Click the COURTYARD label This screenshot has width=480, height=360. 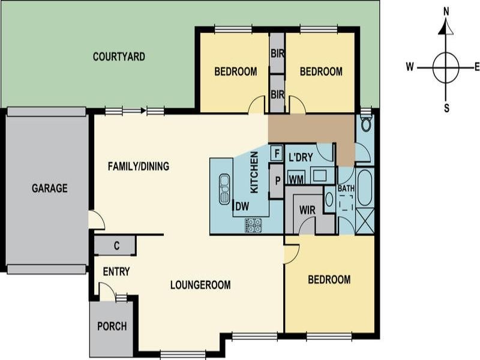click(x=119, y=57)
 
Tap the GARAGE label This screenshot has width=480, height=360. click(x=49, y=188)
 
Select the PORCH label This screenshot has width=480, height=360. click(x=112, y=326)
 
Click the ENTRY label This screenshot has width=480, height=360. click(x=116, y=272)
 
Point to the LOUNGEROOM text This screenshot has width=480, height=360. click(x=200, y=285)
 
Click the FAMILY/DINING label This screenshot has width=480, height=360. click(x=138, y=166)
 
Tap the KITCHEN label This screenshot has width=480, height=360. click(x=254, y=172)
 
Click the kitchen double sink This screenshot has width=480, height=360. click(x=224, y=188)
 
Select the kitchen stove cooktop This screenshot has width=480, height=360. click(x=253, y=225)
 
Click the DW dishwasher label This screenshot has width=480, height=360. click(x=242, y=207)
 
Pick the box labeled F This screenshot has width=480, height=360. click(x=277, y=152)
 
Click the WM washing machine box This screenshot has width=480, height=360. click(x=295, y=178)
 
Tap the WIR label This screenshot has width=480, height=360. click(x=307, y=210)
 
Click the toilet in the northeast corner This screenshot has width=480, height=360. click(x=365, y=124)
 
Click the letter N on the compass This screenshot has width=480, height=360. click(x=446, y=11)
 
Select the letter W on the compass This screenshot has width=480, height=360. click(x=410, y=67)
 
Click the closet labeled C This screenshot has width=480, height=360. click(x=115, y=245)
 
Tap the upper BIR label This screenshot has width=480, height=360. click(x=277, y=53)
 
